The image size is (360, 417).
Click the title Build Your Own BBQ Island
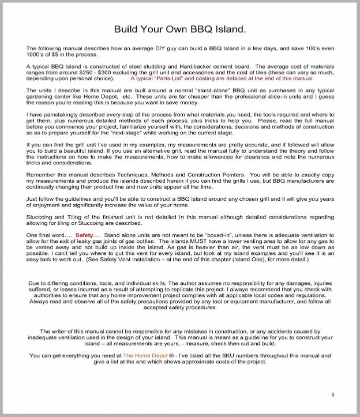(x=179, y=28)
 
